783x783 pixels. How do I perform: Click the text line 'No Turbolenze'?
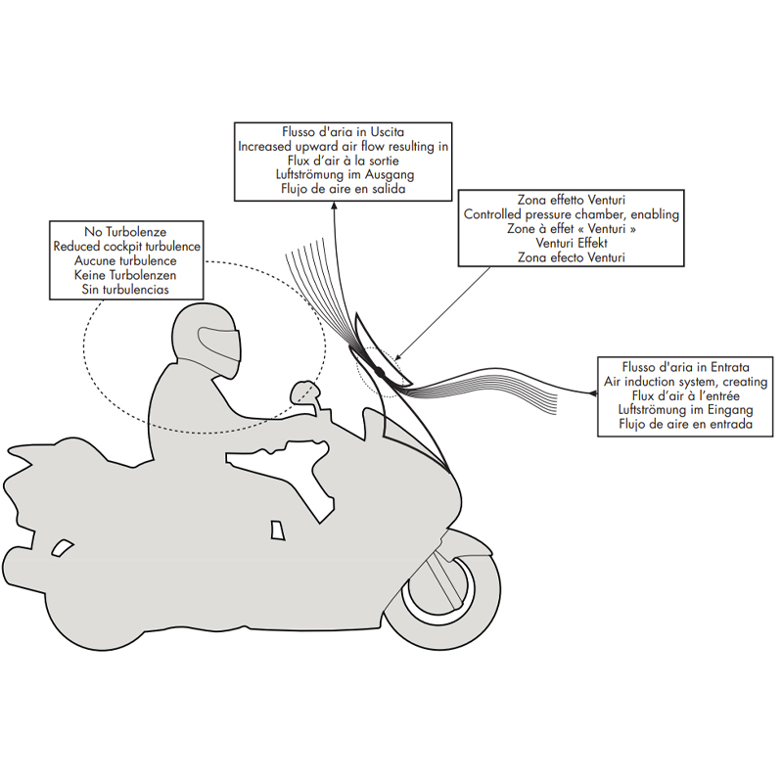tap(125, 232)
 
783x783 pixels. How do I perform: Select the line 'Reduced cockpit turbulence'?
tap(127, 247)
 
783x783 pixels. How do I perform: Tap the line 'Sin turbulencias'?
tap(125, 290)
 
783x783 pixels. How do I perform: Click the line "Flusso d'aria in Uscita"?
tap(344, 132)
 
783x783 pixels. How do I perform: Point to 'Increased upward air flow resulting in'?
tap(344, 146)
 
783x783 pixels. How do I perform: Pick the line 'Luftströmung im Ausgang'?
tap(345, 175)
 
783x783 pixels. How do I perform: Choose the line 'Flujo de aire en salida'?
tap(344, 189)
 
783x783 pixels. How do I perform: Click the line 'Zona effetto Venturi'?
tap(572, 200)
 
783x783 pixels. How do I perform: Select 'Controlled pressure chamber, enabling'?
tap(572, 214)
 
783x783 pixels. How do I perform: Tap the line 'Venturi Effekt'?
tap(572, 243)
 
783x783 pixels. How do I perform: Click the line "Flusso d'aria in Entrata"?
tap(686, 367)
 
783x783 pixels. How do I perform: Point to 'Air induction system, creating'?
tap(686, 382)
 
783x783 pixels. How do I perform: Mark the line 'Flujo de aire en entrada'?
tap(686, 425)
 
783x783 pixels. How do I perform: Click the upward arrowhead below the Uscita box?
tap(333, 206)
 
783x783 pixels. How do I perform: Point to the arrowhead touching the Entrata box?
tap(593, 393)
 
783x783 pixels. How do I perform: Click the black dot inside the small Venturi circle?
tap(379, 372)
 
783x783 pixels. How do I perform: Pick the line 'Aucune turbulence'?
tap(125, 260)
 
